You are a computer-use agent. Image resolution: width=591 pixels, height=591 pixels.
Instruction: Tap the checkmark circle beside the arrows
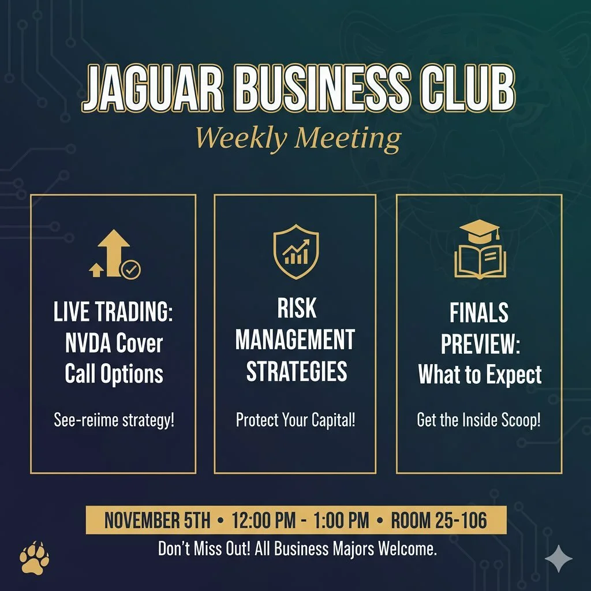(130, 269)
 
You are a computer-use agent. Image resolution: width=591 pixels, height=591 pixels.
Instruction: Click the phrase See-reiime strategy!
(114, 420)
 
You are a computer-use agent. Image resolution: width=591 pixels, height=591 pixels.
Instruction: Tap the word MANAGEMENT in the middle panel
(295, 340)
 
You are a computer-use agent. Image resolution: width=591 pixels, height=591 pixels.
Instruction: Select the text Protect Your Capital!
(295, 420)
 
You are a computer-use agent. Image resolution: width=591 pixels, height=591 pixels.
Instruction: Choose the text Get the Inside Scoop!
(478, 420)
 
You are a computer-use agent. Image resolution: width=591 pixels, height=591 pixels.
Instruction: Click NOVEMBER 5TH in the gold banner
(157, 521)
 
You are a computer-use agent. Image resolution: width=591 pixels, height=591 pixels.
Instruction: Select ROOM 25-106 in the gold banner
(439, 521)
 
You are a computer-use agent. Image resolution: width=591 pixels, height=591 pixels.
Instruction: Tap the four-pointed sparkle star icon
(559, 558)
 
